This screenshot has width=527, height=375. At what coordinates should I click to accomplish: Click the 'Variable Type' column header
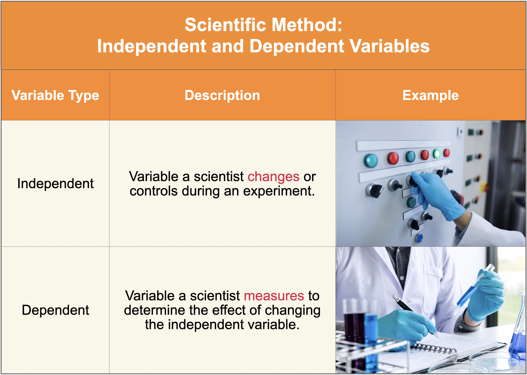55,96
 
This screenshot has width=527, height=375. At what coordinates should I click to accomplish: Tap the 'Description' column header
222,95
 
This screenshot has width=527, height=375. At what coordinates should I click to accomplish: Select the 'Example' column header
431,96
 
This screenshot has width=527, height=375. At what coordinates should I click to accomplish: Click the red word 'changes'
274,177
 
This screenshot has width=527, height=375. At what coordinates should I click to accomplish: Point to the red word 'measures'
274,296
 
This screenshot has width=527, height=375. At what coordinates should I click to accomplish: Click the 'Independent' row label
55,183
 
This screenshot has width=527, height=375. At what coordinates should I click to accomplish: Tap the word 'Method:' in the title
307,25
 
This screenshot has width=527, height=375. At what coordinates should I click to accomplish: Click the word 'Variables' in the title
390,46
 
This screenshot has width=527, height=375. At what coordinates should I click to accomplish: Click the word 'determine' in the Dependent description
155,310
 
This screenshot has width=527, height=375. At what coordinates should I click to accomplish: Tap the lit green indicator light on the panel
437,153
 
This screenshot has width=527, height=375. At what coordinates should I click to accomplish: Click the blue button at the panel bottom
419,238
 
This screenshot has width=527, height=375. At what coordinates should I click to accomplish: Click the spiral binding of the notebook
433,349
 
